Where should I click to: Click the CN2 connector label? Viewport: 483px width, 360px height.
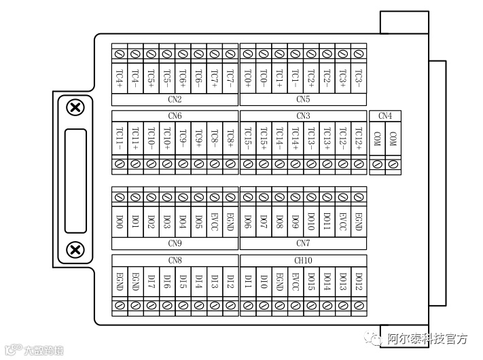[175, 99]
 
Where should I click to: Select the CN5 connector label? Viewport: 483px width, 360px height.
[303, 99]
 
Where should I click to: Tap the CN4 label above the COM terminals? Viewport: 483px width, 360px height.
[385, 116]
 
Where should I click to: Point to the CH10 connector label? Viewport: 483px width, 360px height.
[303, 260]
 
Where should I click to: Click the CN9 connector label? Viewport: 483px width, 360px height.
[175, 242]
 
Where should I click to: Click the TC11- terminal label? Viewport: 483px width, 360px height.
[120, 139]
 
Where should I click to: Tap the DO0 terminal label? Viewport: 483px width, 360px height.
[120, 221]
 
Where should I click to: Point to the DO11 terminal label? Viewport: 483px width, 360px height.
[327, 221]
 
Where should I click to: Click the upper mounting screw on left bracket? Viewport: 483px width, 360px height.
[75, 107]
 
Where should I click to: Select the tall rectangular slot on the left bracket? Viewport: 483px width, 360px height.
[75, 179]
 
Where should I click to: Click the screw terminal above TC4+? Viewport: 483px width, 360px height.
[120, 53]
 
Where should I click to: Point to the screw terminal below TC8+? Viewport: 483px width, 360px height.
[231, 164]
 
